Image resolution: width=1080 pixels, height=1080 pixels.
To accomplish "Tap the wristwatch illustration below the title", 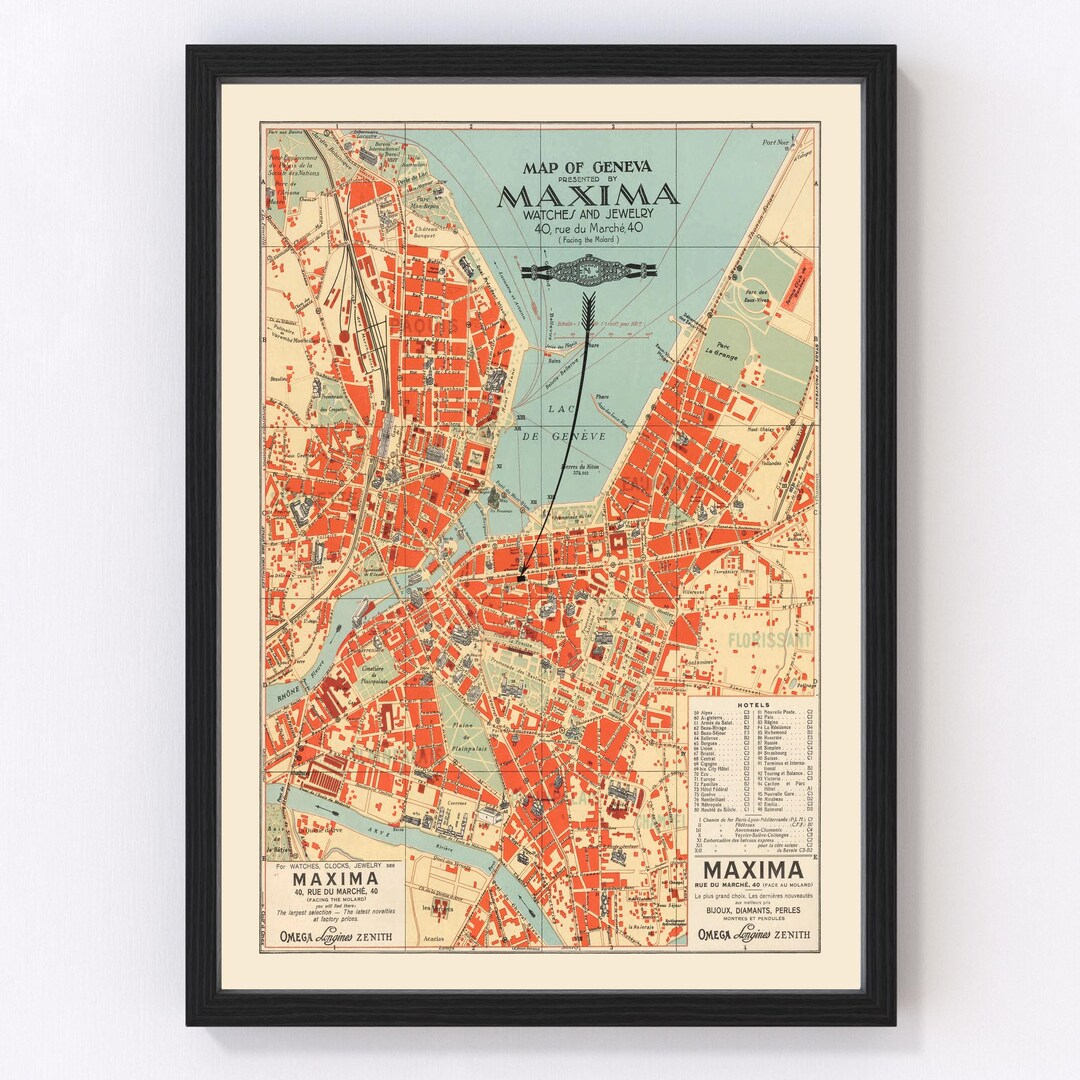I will (x=587, y=269).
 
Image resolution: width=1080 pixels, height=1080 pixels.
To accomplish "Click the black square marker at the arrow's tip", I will (x=522, y=576).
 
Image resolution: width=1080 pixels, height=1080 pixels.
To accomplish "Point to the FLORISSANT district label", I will (x=769, y=637).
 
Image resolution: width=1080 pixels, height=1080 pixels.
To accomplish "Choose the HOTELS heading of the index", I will (x=753, y=704).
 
